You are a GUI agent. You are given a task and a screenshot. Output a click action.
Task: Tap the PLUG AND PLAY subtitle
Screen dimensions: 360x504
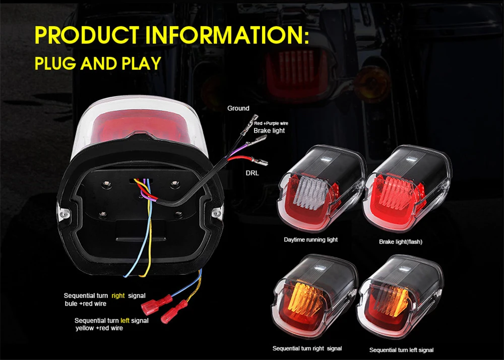98,64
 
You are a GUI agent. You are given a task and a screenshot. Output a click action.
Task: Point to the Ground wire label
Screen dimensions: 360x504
238,108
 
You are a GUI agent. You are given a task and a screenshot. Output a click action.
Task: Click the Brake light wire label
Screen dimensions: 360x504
269,131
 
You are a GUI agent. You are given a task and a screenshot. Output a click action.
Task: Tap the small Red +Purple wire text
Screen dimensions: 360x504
271,123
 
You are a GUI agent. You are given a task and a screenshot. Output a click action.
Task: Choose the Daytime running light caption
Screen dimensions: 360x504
310,240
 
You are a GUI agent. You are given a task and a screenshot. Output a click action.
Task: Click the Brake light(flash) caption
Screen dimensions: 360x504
401,242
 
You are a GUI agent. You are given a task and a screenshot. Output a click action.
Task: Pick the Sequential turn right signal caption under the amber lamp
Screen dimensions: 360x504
307,348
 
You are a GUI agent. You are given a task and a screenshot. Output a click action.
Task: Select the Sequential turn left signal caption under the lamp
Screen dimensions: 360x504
401,350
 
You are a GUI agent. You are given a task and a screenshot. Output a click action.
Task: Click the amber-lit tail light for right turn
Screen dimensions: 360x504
314,297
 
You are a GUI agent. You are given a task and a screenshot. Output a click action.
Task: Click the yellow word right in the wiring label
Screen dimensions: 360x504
118,295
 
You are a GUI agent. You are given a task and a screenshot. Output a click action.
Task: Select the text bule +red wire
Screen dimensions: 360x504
85,304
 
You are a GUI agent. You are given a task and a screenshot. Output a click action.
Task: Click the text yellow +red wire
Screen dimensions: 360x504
99,328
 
